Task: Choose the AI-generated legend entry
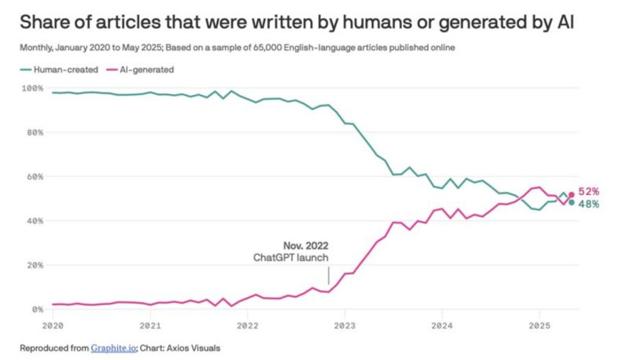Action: (x=147, y=70)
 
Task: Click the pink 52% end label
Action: (x=589, y=191)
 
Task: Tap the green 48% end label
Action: (x=589, y=204)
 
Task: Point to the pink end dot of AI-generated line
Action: (x=572, y=194)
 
